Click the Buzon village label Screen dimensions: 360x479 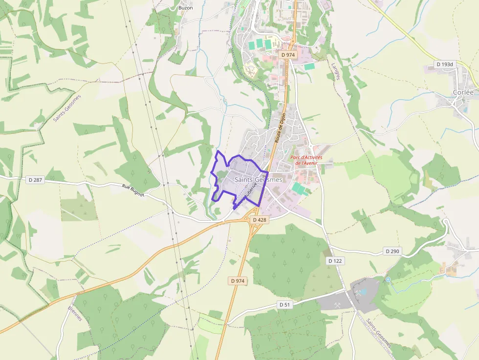point(185,8)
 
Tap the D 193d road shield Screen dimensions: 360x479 point(445,64)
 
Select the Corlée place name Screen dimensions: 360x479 point(463,92)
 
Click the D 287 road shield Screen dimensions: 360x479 point(36,180)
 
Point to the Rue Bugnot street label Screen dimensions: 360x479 point(133,191)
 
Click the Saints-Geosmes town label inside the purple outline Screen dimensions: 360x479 point(259,180)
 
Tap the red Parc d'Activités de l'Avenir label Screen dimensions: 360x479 point(306,160)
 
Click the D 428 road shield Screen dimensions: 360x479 point(260,220)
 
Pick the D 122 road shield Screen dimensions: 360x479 point(335,261)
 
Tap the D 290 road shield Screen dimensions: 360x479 point(392,252)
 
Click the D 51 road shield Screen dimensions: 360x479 point(285,305)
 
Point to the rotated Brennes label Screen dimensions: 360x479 point(75,313)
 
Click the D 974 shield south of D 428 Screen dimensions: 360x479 point(237,281)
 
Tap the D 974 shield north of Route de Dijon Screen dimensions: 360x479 point(288,55)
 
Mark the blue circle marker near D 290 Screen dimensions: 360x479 point(388,279)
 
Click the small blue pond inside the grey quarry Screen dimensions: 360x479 point(363,292)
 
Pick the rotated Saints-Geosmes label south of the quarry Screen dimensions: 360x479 point(378,334)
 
